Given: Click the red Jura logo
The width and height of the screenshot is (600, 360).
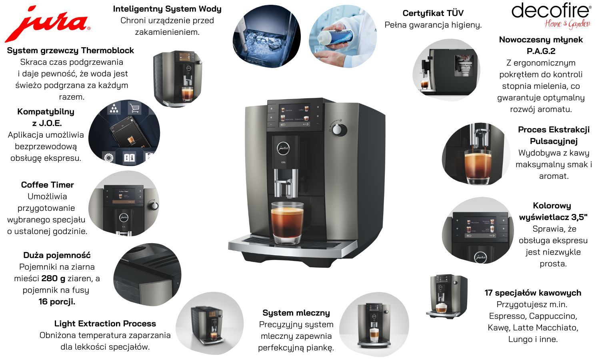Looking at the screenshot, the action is [48, 24].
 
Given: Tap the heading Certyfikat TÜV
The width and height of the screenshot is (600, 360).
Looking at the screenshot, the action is [433, 13].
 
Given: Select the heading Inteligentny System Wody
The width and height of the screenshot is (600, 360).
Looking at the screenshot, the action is [167, 9].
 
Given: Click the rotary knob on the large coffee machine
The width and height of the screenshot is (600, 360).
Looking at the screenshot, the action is [337, 130].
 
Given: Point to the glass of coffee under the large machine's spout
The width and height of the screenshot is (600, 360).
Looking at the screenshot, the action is [287, 223].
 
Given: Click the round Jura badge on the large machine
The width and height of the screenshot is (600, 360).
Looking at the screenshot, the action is [283, 148].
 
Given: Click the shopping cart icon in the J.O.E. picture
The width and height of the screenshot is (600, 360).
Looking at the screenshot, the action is [135, 108].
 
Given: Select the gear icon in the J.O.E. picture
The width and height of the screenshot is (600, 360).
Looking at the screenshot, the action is [108, 158].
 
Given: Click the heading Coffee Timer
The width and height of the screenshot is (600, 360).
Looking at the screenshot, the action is [48, 185].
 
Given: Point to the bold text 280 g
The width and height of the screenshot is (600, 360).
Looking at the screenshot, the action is [53, 278].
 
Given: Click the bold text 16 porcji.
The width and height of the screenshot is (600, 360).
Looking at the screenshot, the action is [57, 302].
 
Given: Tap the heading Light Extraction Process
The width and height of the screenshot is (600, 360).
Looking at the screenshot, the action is [105, 324].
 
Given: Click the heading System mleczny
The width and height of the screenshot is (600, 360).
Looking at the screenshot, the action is [296, 313].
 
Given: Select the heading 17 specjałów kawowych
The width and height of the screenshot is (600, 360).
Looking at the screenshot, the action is [533, 293].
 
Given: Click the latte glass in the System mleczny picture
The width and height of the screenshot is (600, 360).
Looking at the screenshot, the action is [374, 335].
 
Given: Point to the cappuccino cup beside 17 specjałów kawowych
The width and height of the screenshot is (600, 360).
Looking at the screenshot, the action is [441, 308].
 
